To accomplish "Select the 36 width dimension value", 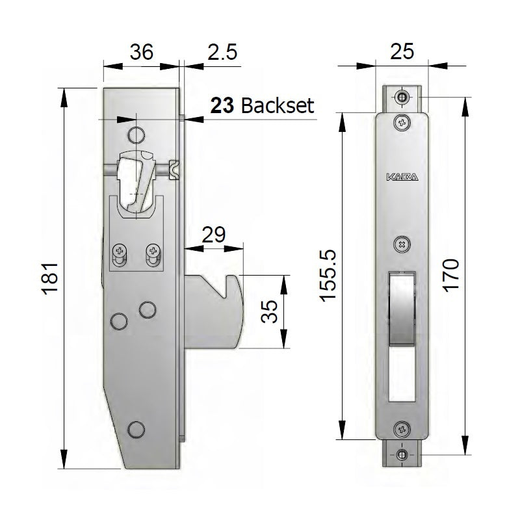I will pos(141,52).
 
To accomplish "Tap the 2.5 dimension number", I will pos(222,52).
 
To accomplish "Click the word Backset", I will pos(278,105).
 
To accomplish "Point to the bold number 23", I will pos(222,105).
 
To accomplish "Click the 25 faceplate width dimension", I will pos(402,52).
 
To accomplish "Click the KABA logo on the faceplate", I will pos(403,177).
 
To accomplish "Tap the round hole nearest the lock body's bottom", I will pos(135,428).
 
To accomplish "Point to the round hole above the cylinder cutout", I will pos(135,135).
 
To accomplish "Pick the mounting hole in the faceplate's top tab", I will pos(403,97).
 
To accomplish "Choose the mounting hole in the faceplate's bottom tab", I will pos(403,454).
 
